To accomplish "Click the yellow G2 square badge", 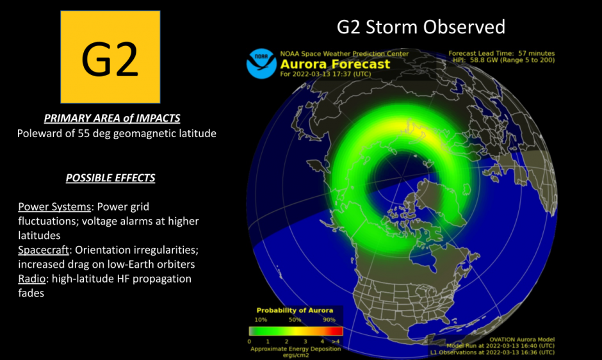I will coord(110,56).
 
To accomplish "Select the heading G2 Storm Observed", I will coord(421,27).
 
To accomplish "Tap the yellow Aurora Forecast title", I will coord(335,64).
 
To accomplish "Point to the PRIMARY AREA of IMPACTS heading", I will coord(112,119).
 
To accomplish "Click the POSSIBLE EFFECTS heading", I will coord(110,177).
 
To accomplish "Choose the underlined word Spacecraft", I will coord(43,250).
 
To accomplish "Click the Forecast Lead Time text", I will coord(501,53).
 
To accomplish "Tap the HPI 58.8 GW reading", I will coord(501,60).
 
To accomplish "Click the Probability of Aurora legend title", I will coord(295,311).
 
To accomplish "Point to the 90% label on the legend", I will coord(329,319).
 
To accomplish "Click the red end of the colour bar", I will coord(338,331).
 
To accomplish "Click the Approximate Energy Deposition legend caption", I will coord(295,349).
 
